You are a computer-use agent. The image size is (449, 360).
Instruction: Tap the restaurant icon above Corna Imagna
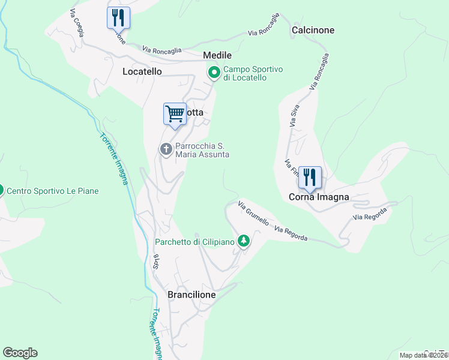(x=310, y=177)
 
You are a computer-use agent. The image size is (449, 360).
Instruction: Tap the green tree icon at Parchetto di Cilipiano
(x=243, y=241)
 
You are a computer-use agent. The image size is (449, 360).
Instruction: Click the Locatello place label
(x=142, y=71)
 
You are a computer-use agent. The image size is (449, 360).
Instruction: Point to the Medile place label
(x=217, y=55)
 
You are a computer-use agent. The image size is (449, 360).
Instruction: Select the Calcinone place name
(x=313, y=30)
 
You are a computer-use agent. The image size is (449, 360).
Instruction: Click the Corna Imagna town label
(x=319, y=197)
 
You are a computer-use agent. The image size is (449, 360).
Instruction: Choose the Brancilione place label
(x=191, y=295)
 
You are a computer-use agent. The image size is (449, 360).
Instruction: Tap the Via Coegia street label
(x=76, y=22)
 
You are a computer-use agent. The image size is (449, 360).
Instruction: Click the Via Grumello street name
(x=253, y=213)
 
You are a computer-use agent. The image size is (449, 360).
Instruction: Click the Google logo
(x=20, y=353)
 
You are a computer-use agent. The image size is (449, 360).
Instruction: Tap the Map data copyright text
(x=424, y=355)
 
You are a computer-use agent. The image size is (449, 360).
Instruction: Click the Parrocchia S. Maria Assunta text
(x=202, y=150)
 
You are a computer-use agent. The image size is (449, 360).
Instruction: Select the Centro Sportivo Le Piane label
(x=52, y=191)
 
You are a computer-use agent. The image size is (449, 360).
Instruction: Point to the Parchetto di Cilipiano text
(x=195, y=242)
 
